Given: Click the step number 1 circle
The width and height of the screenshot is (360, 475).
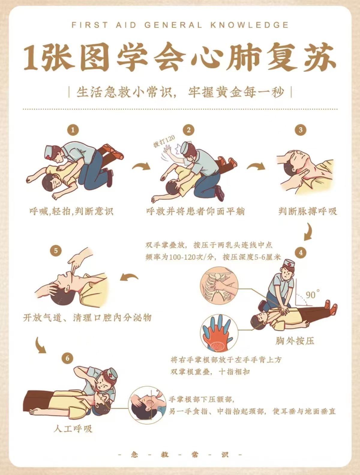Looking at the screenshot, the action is pos(73,130).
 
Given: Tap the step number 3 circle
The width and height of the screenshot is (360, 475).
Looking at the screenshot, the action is pos(301,130).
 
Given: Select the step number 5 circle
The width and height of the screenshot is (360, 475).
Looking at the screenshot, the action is pos(56,251).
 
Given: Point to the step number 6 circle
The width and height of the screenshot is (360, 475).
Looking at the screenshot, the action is pos(67,358).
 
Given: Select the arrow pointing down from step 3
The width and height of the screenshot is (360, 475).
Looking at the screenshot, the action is pos(308,232).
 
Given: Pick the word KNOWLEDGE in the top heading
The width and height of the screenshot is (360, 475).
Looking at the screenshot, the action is pos(250,25).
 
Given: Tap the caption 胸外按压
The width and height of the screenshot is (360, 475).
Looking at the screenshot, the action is pos(295,341).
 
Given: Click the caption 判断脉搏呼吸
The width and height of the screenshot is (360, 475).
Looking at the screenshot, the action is pos(307,211).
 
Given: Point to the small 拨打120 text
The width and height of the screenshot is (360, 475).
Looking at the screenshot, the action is pos(164,141).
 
